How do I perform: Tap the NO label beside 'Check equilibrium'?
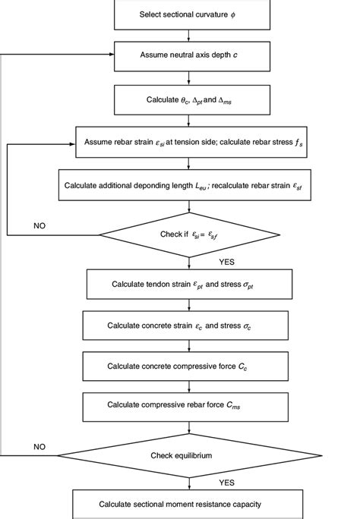click(39, 448)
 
